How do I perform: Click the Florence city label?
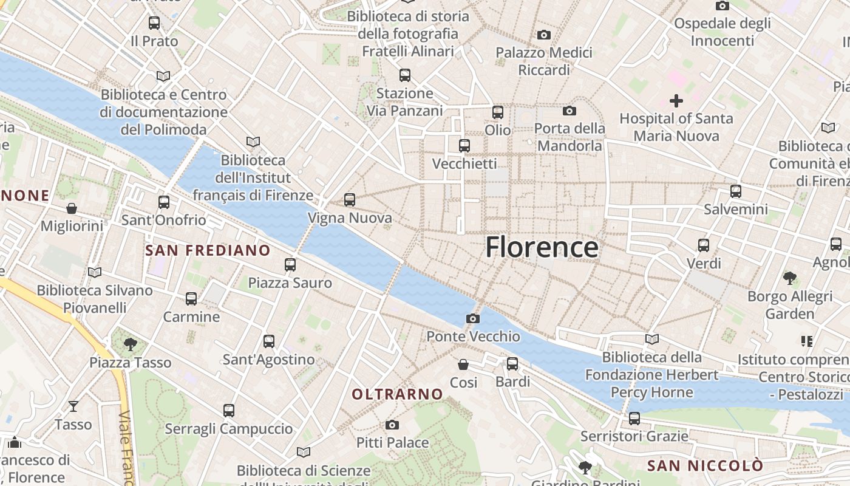(542, 247)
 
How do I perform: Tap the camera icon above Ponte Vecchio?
(473, 318)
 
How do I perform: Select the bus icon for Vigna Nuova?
(350, 200)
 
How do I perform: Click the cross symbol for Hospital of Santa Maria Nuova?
(676, 100)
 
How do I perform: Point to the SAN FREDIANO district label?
(208, 250)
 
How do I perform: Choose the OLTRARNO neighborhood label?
(398, 394)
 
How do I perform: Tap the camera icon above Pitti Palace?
(392, 425)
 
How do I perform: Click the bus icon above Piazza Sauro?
(290, 265)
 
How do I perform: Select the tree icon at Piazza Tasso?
(131, 344)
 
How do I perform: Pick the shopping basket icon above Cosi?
(463, 364)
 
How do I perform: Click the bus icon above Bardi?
(512, 364)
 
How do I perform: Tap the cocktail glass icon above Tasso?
(73, 406)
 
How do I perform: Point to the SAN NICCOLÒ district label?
(705, 466)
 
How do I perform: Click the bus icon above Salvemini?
(736, 191)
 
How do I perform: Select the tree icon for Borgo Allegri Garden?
(790, 278)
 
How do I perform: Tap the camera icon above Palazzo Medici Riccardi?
(544, 35)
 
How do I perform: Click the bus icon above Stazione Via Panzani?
(405, 75)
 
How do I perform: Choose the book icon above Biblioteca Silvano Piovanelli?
(95, 272)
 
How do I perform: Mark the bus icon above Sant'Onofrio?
(164, 202)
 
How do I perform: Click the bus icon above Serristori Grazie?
(634, 419)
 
